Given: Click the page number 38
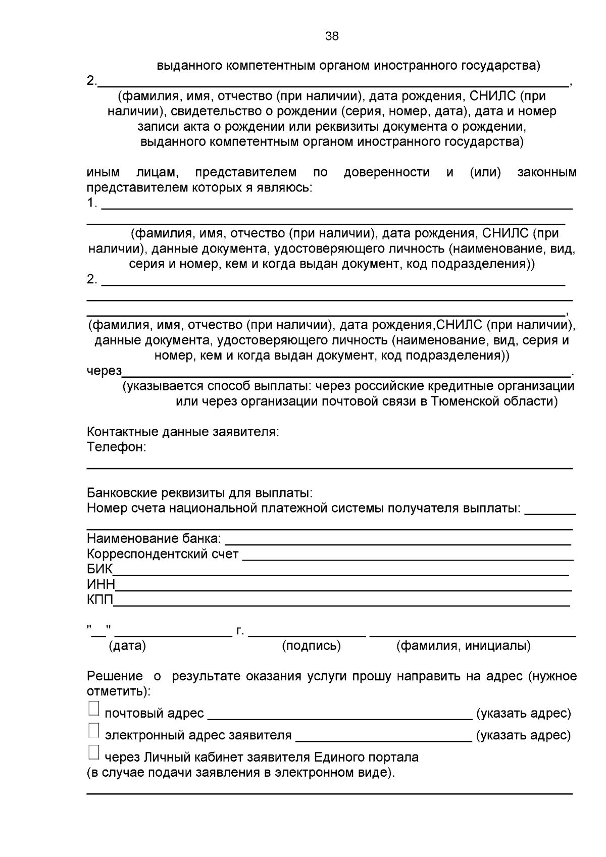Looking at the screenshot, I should click(x=332, y=36).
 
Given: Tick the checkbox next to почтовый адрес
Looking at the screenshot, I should click(x=94, y=708).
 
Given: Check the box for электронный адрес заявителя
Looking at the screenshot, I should click(x=94, y=730).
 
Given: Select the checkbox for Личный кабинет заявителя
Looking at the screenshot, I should click(x=94, y=752).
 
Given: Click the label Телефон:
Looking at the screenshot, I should click(x=117, y=447).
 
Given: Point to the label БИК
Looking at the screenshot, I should click(x=99, y=569).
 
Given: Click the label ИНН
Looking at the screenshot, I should click(x=101, y=584).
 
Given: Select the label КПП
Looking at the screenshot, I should click(x=100, y=599).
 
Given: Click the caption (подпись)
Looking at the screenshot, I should click(x=311, y=645).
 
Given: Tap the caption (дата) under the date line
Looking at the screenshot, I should click(x=127, y=645).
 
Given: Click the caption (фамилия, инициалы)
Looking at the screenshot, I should click(x=463, y=645).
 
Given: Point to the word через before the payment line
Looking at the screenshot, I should click(x=104, y=371).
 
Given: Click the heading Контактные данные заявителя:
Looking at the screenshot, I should click(x=183, y=432).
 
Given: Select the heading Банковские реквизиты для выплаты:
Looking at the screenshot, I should click(x=199, y=492).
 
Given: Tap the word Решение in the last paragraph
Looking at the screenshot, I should click(x=115, y=676).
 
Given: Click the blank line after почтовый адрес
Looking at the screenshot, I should click(x=339, y=714).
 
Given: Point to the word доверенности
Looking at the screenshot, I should click(x=386, y=172).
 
